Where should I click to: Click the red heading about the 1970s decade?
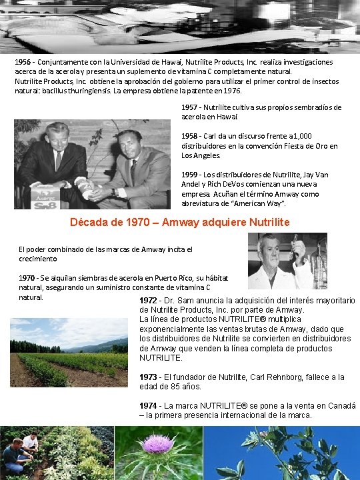(180, 222)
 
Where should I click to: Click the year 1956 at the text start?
(24, 61)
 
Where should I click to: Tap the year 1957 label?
(190, 107)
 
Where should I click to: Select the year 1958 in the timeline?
(190, 136)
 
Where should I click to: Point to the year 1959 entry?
(190, 175)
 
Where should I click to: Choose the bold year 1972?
(149, 301)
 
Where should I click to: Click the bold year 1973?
(149, 377)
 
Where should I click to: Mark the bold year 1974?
(149, 405)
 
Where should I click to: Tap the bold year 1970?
(27, 277)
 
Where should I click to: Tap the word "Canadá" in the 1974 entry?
(340, 405)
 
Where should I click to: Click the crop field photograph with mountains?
(69, 352)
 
